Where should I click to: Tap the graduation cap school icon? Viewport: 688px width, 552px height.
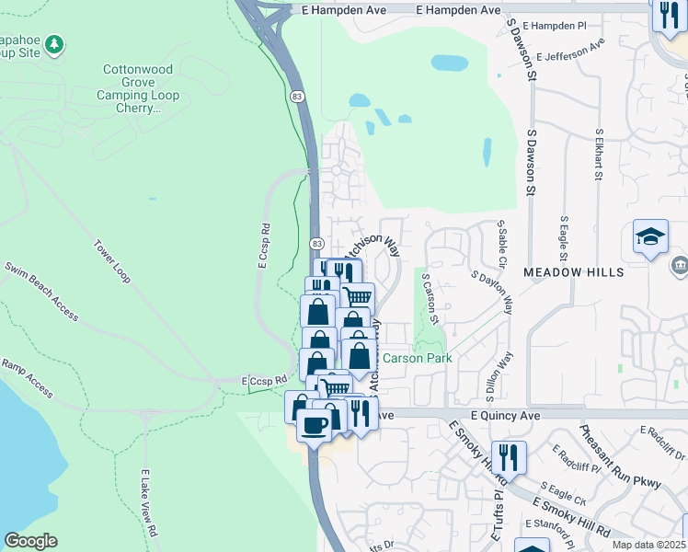tap(650, 236)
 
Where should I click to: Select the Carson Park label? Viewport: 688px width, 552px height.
tap(418, 358)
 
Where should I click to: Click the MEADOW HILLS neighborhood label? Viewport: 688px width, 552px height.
tap(574, 272)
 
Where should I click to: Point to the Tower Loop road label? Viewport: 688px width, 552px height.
tap(113, 262)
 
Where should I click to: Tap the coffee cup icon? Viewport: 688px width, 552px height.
tap(315, 425)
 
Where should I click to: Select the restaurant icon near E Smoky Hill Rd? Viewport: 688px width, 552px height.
tap(508, 455)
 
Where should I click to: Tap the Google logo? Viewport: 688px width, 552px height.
tap(30, 541)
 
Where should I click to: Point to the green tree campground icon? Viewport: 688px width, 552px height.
tap(54, 44)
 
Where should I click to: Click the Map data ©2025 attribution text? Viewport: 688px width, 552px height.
tap(649, 545)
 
